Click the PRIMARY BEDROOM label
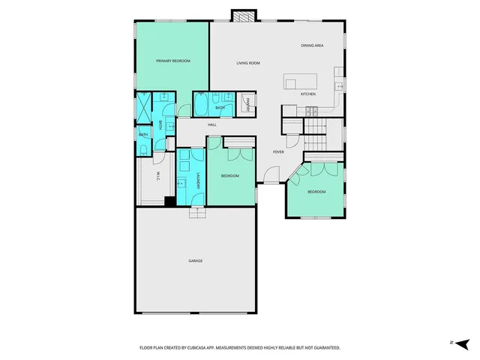[172, 61]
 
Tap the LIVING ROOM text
[247, 63]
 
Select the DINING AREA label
[312, 46]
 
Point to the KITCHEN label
[307, 94]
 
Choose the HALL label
[211, 124]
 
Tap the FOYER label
[277, 151]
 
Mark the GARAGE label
[195, 261]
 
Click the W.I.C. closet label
[158, 177]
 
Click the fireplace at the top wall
[243, 15]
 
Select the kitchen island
[300, 81]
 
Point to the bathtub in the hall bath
[203, 106]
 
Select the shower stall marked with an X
[144, 106]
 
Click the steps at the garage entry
[196, 212]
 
